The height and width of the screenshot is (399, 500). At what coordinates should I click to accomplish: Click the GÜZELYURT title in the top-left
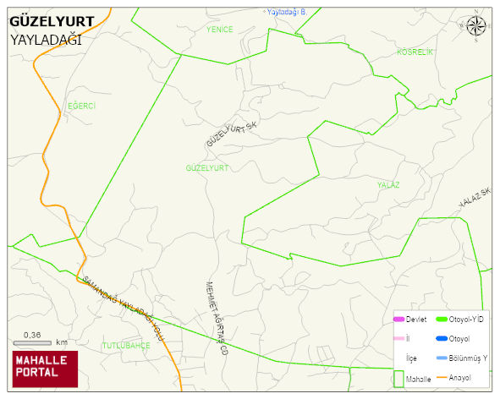click(52, 22)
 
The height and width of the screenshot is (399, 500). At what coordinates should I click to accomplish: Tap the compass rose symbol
click(476, 26)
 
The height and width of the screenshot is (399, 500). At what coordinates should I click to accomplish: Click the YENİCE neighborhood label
click(219, 29)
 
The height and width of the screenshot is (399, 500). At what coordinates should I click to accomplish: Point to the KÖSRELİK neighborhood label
click(415, 52)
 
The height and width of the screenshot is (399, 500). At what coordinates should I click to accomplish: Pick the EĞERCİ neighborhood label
click(82, 106)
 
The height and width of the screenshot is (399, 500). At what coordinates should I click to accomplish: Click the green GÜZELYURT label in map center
click(207, 168)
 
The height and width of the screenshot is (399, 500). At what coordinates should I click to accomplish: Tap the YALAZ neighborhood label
click(389, 184)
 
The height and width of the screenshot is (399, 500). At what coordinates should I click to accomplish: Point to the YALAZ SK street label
click(475, 199)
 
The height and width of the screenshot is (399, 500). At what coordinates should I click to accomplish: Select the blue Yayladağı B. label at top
click(285, 12)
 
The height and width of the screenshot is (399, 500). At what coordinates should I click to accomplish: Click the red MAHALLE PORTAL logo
click(44, 368)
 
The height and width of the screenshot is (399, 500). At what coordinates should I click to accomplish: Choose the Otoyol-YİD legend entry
click(459, 319)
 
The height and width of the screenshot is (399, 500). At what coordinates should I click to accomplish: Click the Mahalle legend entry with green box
click(412, 380)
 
